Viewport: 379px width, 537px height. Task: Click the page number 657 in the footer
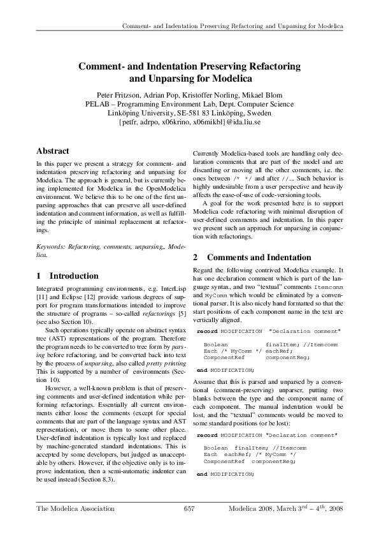click(x=189, y=508)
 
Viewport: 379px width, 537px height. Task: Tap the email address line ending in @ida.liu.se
click(x=189, y=122)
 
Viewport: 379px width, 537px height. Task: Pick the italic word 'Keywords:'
click(x=51, y=246)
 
